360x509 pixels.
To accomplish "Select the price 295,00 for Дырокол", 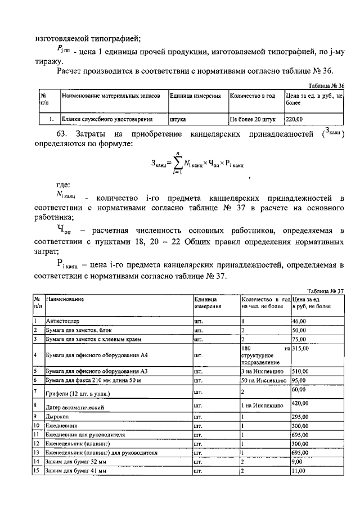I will [x=300, y=417].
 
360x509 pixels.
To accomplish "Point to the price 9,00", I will [x=298, y=462].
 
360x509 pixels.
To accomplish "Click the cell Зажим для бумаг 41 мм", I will [x=77, y=471].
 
